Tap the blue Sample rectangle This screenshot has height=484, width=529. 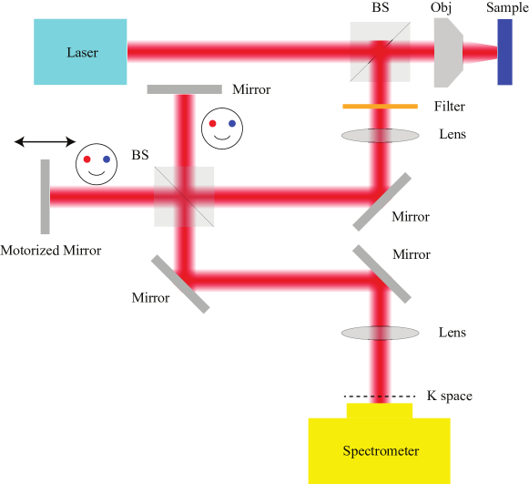(x=504, y=52)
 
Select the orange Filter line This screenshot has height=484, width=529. (x=380, y=107)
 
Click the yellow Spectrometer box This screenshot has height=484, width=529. (x=379, y=449)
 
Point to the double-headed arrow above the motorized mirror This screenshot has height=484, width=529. (x=45, y=141)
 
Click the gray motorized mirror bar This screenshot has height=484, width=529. (x=45, y=196)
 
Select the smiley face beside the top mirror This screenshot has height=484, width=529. (x=222, y=126)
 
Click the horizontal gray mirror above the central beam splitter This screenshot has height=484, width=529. (x=185, y=89)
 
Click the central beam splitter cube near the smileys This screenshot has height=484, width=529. (x=185, y=196)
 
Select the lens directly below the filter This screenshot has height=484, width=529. (x=381, y=135)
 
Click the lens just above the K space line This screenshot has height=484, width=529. (x=381, y=333)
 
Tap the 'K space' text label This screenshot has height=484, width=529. (x=450, y=396)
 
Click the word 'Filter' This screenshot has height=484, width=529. (x=449, y=107)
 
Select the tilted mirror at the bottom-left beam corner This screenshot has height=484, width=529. (x=180, y=283)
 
